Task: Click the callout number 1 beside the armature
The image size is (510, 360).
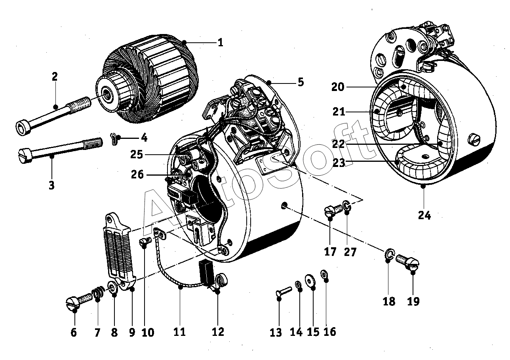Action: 221,42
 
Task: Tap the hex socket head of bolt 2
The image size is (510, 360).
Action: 23,128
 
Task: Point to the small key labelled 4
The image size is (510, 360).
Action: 114,138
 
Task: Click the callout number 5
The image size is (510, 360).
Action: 301,82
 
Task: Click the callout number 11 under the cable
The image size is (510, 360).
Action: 180,332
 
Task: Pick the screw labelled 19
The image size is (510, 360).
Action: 407,262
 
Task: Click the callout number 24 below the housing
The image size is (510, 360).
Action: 424,215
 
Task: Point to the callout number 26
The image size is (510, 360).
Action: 137,174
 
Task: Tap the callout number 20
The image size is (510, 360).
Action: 338,87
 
